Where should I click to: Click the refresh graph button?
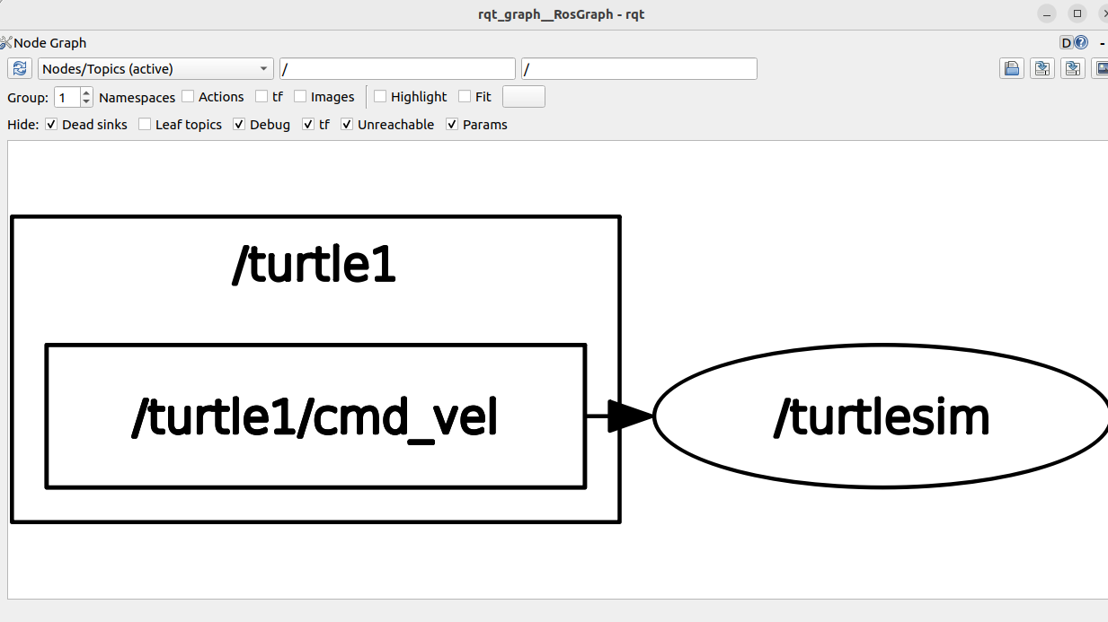[20, 69]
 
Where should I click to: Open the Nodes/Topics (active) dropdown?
[155, 69]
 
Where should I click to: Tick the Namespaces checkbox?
[188, 97]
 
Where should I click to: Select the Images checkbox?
[300, 97]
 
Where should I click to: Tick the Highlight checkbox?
[380, 97]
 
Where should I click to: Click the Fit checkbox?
[465, 97]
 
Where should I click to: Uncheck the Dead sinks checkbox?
[51, 125]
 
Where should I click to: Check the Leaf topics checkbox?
[145, 125]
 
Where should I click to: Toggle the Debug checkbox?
[239, 125]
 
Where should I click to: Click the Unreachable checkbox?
[347, 125]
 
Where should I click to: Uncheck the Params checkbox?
[452, 125]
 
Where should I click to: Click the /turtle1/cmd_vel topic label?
[315, 417]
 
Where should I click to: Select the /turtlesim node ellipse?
[881, 417]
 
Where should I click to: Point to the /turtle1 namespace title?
[315, 265]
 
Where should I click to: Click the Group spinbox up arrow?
[86, 92]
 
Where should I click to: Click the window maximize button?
[1077, 13]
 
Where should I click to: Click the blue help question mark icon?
[1081, 42]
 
